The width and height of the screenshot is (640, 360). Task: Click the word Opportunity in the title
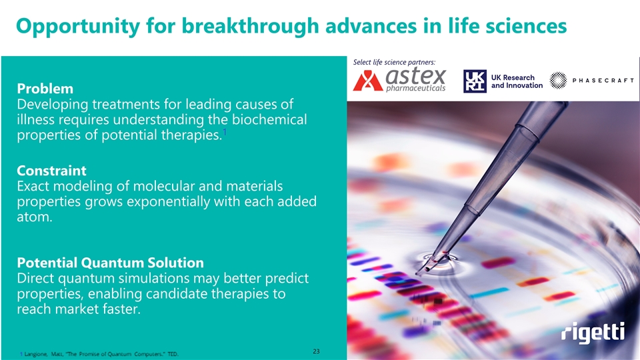click(x=78, y=27)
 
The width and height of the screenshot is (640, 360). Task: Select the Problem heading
click(x=45, y=89)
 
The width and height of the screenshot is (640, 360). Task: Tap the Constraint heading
click(x=51, y=171)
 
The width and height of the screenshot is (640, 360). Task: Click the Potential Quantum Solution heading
click(x=110, y=263)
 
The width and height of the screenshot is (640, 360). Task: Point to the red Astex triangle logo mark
click(x=368, y=81)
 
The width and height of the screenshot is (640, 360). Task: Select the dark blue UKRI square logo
click(x=475, y=81)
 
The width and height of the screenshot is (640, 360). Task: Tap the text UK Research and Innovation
click(x=517, y=81)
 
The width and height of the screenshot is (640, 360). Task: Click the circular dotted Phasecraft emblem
click(x=558, y=81)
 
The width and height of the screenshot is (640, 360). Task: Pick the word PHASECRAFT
click(x=603, y=81)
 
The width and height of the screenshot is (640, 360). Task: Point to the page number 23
click(x=316, y=351)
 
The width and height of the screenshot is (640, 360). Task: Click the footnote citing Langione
click(x=99, y=354)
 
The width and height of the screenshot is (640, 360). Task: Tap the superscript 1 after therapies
click(x=225, y=132)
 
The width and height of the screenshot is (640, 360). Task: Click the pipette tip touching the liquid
click(x=419, y=272)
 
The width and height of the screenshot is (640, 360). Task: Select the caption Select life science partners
click(x=394, y=62)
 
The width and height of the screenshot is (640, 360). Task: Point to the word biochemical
click(x=269, y=119)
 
